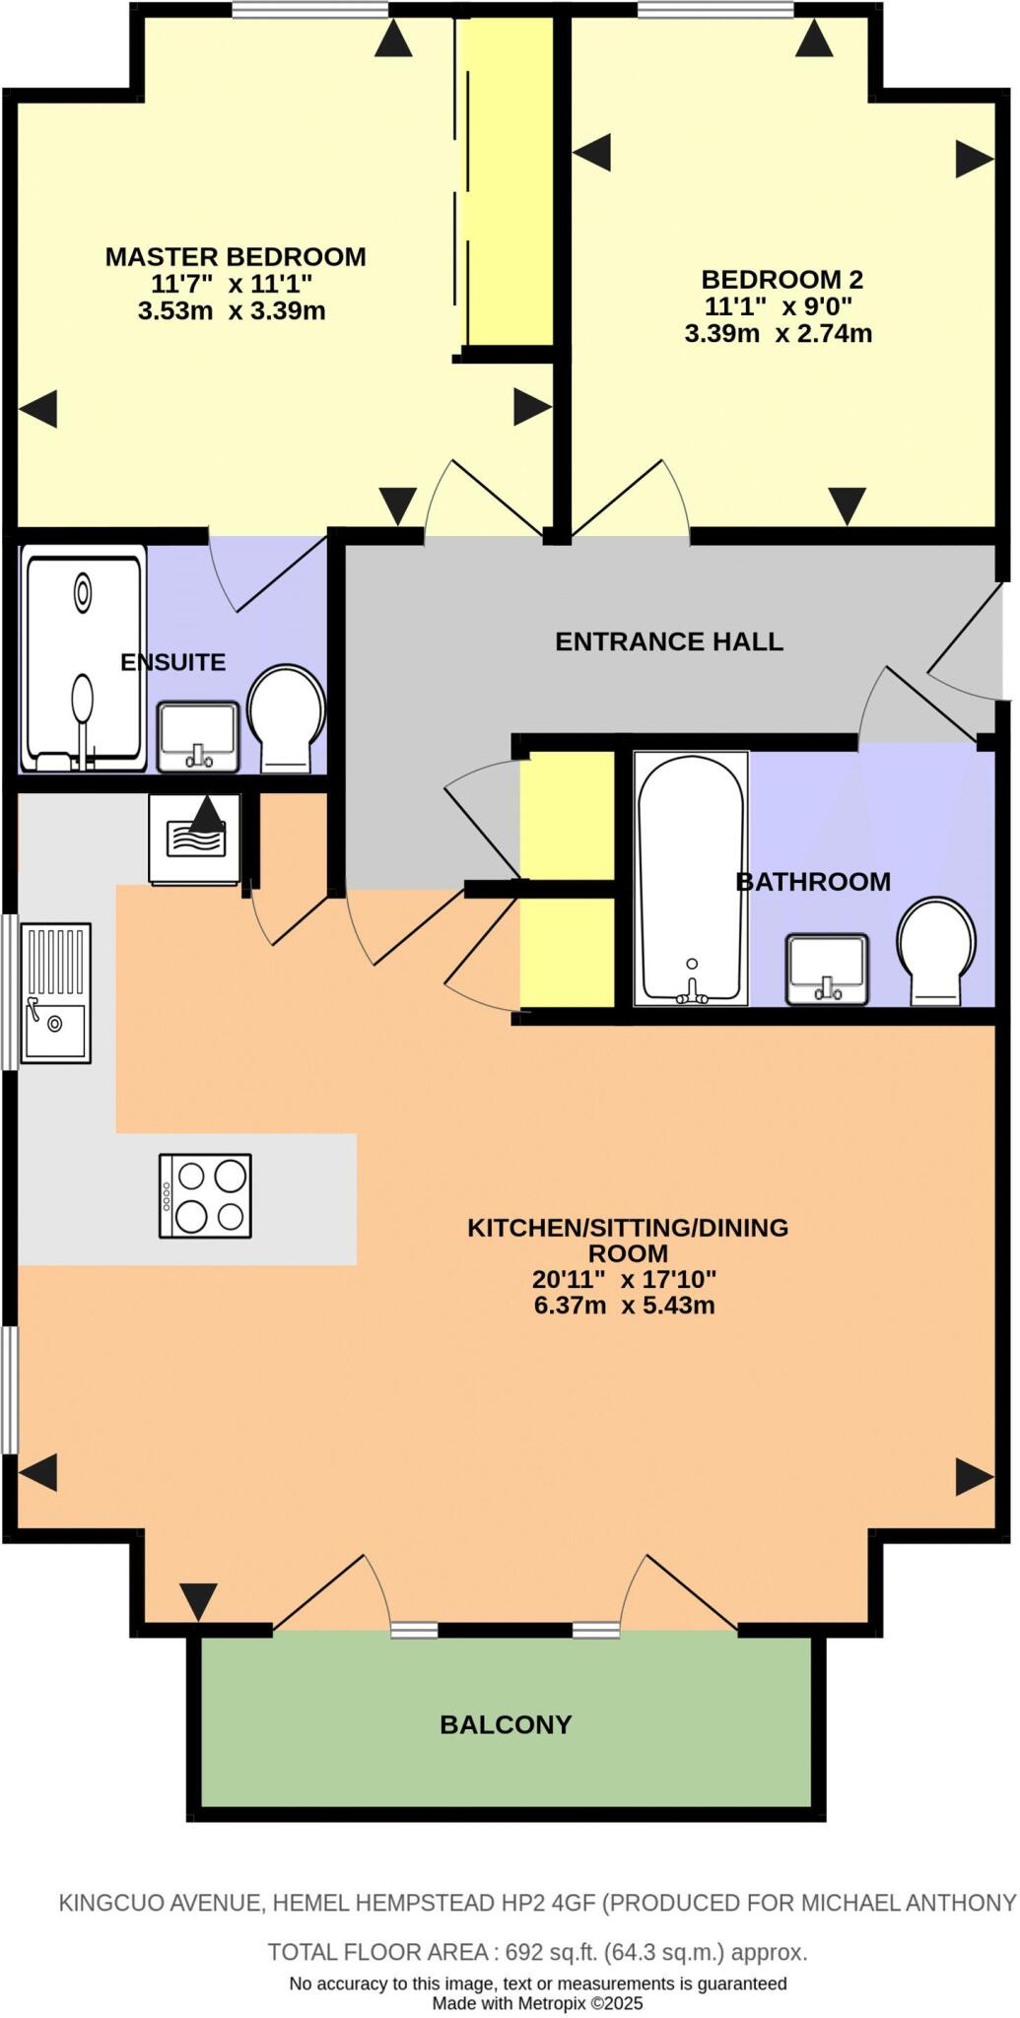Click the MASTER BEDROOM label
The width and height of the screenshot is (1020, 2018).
pos(236,257)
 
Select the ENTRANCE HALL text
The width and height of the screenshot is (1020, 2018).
pos(669,642)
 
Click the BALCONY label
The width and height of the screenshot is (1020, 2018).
pos(506,1725)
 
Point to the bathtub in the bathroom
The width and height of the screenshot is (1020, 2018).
pos(690,878)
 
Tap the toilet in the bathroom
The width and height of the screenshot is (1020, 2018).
pos(935,951)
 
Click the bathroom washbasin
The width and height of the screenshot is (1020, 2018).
pos(827,969)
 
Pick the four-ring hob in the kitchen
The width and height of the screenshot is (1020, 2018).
pos(205,1196)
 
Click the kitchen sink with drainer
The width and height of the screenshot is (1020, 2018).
pos(56,993)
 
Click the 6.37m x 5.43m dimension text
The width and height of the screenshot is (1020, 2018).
pos(624,1307)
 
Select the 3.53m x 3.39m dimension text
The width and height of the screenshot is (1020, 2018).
pos(232,312)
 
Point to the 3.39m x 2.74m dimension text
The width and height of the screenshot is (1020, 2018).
pos(778,334)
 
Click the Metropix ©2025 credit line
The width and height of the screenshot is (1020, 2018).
pos(537,2003)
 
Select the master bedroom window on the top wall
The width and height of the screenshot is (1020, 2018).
pos(310,10)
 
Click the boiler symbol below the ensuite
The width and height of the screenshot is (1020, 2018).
pos(195,838)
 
